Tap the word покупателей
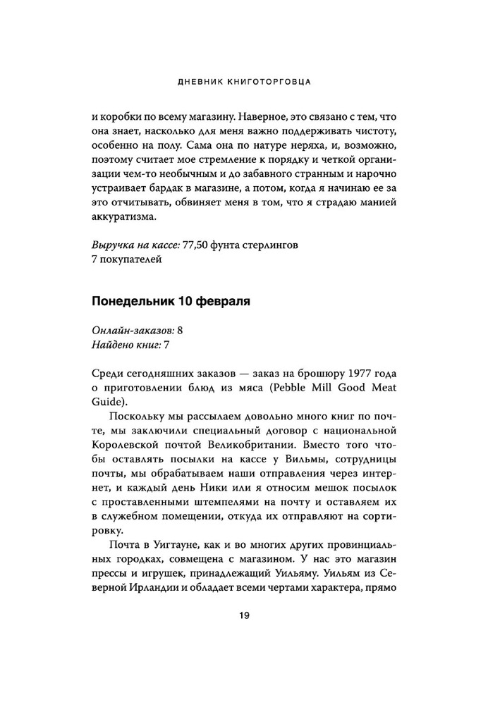coord(130,261)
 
